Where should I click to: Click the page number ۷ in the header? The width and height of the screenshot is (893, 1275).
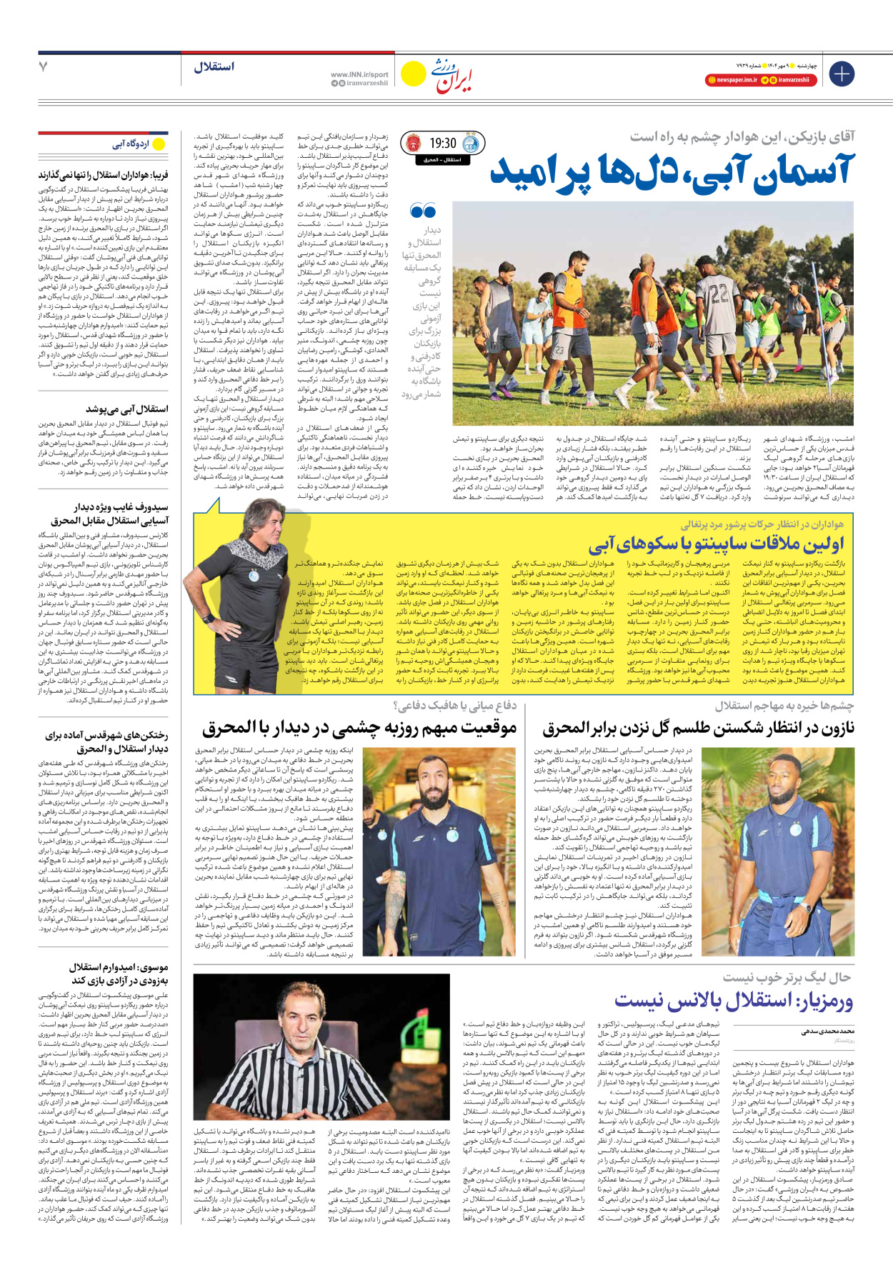44,66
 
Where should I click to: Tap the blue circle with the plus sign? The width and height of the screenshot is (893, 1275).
841,73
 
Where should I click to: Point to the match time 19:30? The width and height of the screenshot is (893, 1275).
443,144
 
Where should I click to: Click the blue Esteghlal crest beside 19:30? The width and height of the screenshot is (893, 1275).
471,144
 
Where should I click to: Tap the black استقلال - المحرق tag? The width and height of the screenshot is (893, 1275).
441,160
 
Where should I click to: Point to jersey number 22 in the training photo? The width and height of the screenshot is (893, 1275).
719,294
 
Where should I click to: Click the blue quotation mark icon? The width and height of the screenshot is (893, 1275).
423,211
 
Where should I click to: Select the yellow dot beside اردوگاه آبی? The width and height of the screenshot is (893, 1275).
159,144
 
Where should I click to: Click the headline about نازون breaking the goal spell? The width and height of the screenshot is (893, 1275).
698,729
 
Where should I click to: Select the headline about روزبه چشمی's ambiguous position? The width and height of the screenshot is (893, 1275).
359,729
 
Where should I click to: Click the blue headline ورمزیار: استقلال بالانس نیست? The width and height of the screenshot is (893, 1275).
734,1001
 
